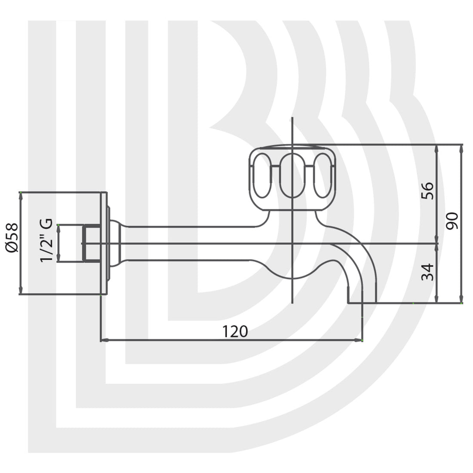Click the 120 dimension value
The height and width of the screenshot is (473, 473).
point(235,332)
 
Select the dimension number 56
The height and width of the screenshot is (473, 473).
point(427,191)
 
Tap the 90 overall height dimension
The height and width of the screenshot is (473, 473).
point(452,221)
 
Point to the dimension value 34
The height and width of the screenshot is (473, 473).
point(427,272)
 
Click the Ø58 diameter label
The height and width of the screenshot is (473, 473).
point(12,237)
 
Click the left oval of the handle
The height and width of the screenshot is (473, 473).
point(261,175)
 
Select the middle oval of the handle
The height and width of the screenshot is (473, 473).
point(292,175)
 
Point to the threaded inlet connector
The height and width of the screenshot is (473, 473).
point(91,243)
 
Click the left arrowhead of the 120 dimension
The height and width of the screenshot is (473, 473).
point(103,341)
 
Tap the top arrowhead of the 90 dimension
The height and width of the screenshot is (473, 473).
point(461,148)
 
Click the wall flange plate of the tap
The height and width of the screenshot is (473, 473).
point(104,243)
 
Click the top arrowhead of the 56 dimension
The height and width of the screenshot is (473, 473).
point(437,148)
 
